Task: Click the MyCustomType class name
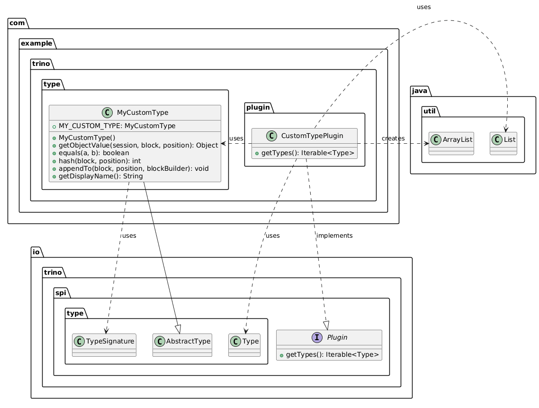[142, 112]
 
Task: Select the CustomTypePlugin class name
[312, 136]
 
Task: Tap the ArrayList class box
[451, 144]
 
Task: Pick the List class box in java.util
[503, 144]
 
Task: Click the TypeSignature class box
[104, 345]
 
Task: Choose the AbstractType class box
[182, 345]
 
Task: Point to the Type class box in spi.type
[244, 345]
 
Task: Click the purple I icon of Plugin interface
[317, 337]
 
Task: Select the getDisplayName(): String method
[101, 176]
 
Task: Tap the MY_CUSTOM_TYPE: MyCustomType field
[117, 126]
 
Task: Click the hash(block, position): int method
[99, 161]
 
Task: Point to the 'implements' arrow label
[334, 235]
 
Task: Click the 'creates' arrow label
[393, 139]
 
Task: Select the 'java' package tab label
[419, 91]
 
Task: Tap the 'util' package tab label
[429, 111]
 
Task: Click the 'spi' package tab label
[61, 293]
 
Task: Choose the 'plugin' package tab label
[258, 107]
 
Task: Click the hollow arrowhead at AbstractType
[178, 329]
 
